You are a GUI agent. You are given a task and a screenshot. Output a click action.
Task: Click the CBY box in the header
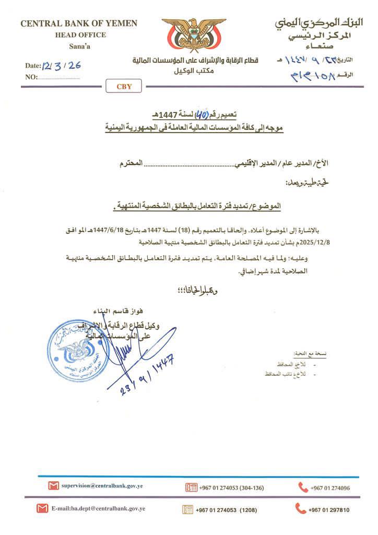(124, 87)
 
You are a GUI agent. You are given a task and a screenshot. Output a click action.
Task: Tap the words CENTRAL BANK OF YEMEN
(79, 24)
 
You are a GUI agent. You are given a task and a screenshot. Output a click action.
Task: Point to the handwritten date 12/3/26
(63, 66)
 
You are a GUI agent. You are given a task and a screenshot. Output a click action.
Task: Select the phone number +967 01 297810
(328, 510)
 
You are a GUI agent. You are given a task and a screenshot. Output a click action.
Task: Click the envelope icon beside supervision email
(53, 486)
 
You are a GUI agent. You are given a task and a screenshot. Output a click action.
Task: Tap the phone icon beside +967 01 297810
(300, 508)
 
